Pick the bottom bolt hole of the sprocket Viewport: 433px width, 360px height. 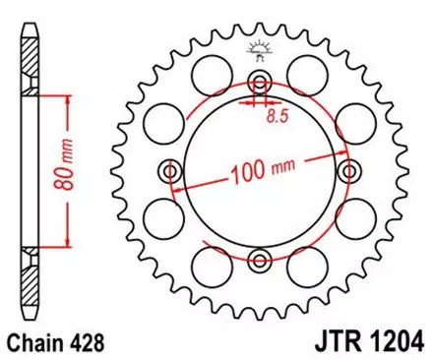pyautogui.click(x=260, y=260)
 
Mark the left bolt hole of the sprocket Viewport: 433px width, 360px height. pyautogui.click(x=171, y=172)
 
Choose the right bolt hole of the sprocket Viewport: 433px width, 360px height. pyautogui.click(x=348, y=172)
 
